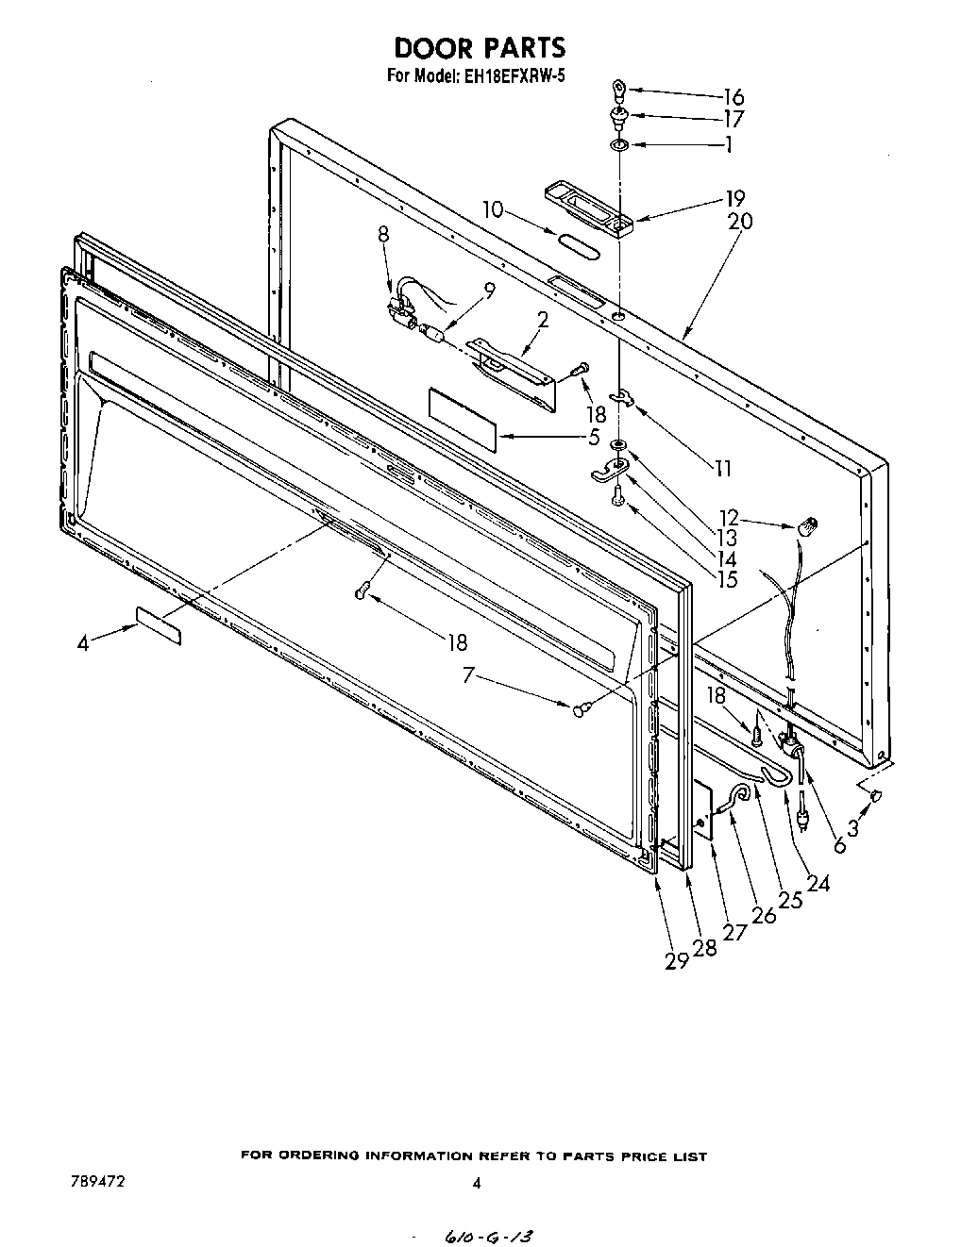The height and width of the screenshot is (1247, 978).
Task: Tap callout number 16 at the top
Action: coord(733,96)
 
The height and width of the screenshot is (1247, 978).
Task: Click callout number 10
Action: coord(494,208)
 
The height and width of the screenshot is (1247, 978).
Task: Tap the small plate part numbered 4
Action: coord(159,625)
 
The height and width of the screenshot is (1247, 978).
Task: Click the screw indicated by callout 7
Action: coord(582,707)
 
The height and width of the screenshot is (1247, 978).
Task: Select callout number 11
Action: coord(722,468)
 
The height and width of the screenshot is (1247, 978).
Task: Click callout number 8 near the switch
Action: coord(383,236)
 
